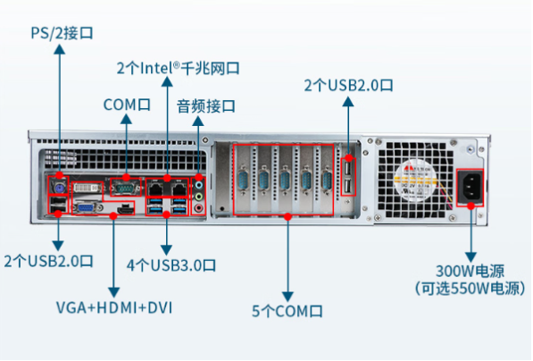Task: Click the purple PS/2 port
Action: pyautogui.click(x=60, y=188)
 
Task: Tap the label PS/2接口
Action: pyautogui.click(x=62, y=33)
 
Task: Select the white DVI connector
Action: pyautogui.click(x=87, y=188)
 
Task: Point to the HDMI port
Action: pyautogui.click(x=124, y=209)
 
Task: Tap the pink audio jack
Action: pyautogui.click(x=199, y=207)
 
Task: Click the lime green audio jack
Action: pyautogui.click(x=199, y=197)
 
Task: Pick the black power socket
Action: pyautogui.click(x=470, y=187)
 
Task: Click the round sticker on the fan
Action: pyautogui.click(x=415, y=181)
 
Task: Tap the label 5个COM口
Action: pyautogui.click(x=287, y=311)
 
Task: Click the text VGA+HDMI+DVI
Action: pyautogui.click(x=114, y=307)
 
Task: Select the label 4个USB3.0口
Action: pyautogui.click(x=171, y=265)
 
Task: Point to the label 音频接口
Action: pyautogui.click(x=206, y=106)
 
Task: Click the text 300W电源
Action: pyautogui.click(x=471, y=271)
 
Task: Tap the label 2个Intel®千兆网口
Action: pyautogui.click(x=179, y=68)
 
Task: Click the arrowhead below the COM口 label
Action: pyautogui.click(x=126, y=119)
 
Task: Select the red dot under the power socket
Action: pyautogui.click(x=471, y=206)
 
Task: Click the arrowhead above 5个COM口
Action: pyautogui.click(x=287, y=296)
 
